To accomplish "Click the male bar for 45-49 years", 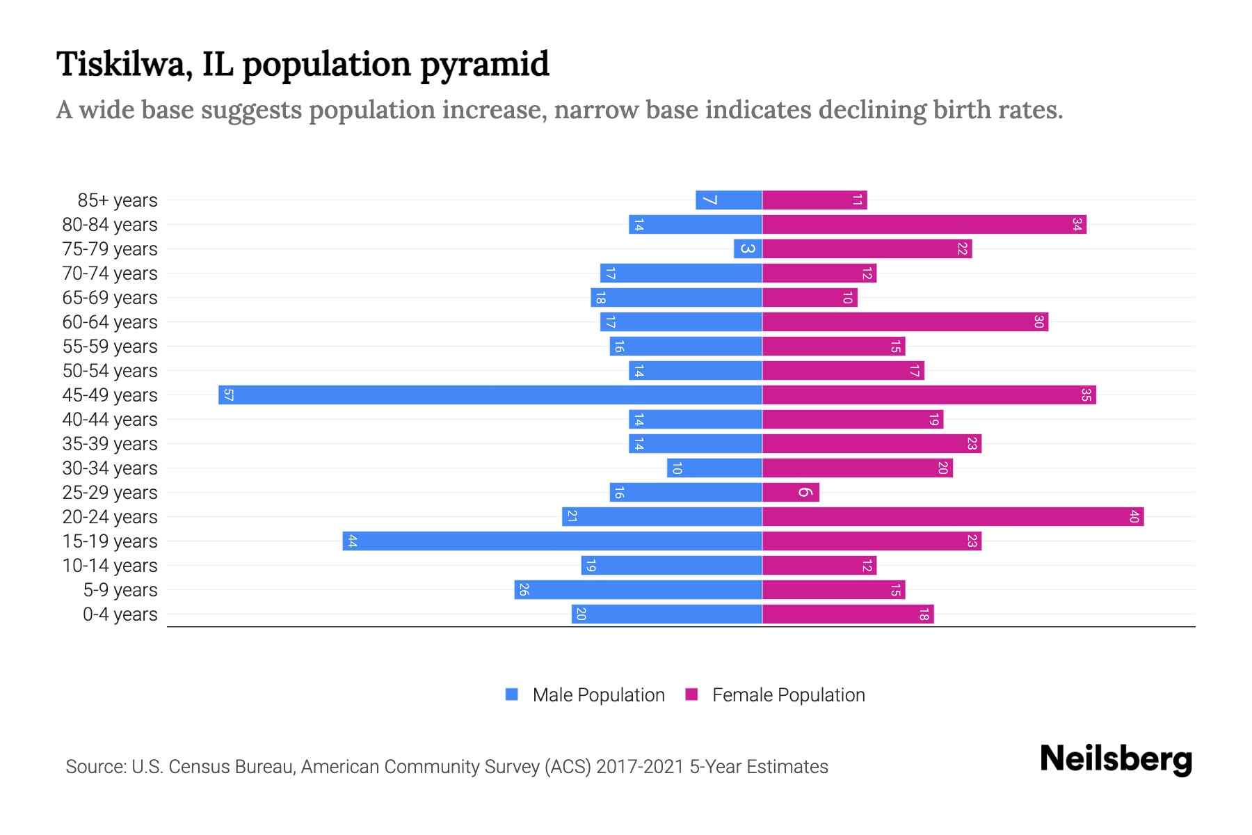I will tap(490, 395).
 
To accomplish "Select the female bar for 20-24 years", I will tap(953, 516).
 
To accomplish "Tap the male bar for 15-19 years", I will tap(552, 541).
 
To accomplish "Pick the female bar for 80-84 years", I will tap(924, 224).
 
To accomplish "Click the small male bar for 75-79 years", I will tap(748, 248).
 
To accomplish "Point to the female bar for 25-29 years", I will tap(791, 492).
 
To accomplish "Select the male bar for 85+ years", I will tap(728, 200).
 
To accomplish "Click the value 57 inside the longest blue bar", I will tap(228, 395).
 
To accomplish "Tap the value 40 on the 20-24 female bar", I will tap(1134, 516).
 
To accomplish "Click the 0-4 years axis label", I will tap(120, 614).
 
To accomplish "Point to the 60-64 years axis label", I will tap(110, 322).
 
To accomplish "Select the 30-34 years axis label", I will tap(110, 468).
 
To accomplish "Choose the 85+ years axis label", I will tap(117, 200).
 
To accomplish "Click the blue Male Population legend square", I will tap(512, 694).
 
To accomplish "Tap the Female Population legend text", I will tap(788, 695).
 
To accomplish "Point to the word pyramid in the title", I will tap(484, 65).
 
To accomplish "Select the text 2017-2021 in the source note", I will tap(639, 767).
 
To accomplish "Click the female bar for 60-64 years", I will tap(905, 321).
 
